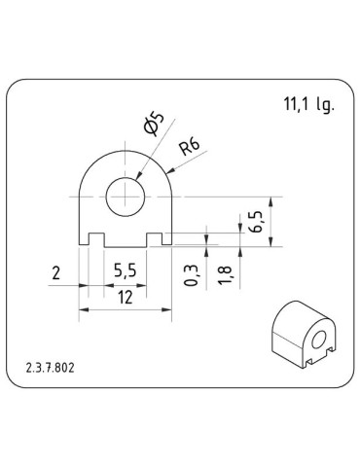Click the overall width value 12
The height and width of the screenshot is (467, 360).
pyautogui.click(x=124, y=299)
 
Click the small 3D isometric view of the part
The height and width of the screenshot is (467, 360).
pyautogui.click(x=303, y=340)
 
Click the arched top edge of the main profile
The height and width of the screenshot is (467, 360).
pyautogui.click(x=125, y=152)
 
